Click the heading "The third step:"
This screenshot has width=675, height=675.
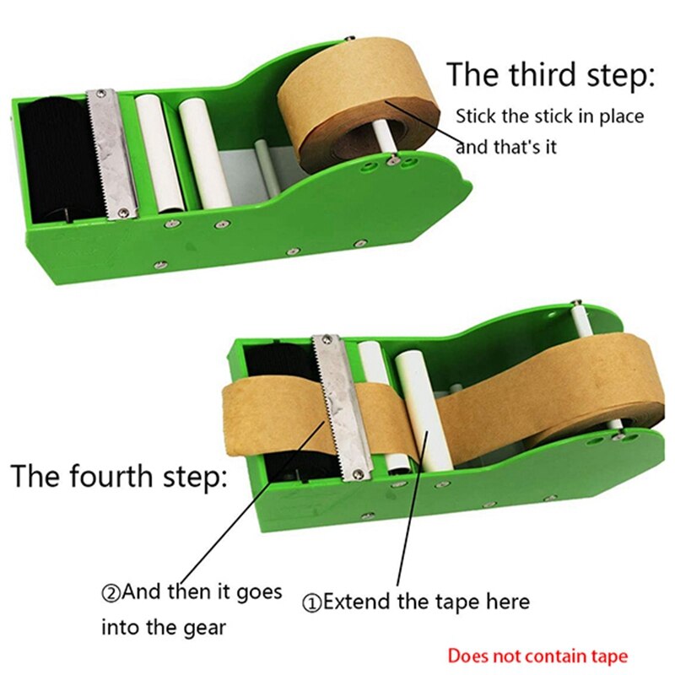click(549, 74)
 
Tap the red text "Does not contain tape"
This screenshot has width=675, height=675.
click(537, 655)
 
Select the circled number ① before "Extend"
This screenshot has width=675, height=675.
click(311, 602)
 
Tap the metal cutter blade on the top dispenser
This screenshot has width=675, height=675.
click(111, 148)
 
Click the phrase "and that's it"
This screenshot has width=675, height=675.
click(506, 147)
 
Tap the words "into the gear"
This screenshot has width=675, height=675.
click(164, 627)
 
